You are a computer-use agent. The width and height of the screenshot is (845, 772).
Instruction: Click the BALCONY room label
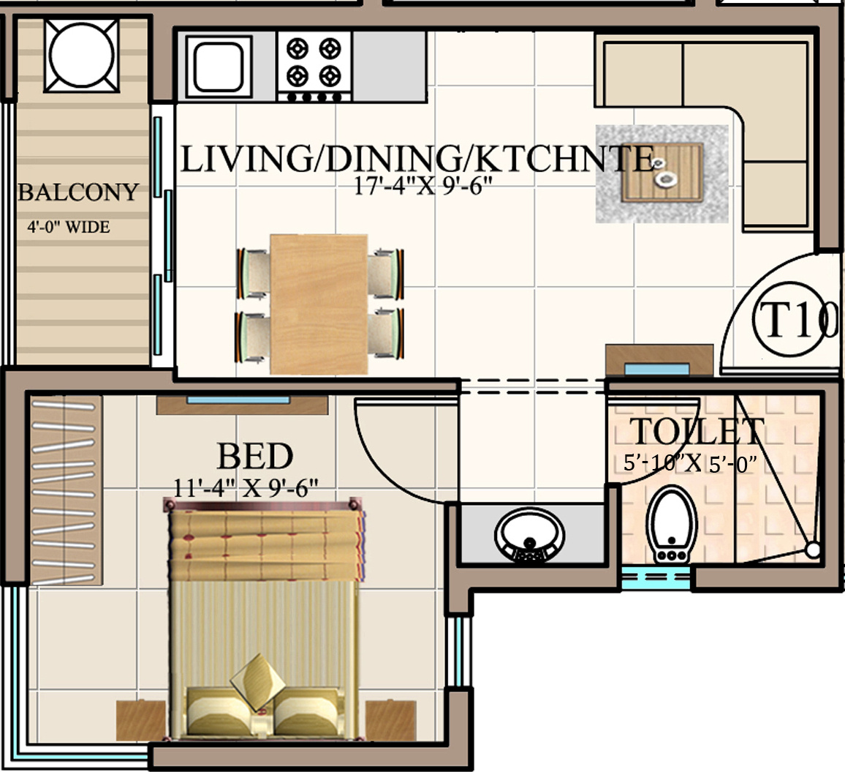click(78, 192)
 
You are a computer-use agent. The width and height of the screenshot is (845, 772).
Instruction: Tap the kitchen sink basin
click(218, 67)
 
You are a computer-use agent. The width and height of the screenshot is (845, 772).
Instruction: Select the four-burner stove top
click(314, 67)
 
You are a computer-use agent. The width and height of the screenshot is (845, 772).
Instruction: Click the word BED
click(255, 457)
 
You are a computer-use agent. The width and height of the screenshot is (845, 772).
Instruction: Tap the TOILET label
click(697, 431)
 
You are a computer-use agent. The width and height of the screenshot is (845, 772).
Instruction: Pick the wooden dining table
click(319, 304)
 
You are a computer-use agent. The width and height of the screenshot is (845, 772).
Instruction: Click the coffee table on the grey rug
click(662, 173)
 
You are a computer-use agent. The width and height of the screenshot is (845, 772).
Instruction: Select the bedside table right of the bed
click(391, 719)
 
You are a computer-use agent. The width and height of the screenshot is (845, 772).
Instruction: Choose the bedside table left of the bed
click(141, 719)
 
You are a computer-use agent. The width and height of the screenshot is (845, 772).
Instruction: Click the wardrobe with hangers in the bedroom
click(66, 490)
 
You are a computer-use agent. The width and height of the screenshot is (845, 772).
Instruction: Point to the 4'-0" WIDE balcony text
click(69, 227)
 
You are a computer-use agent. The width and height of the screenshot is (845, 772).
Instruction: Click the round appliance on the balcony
click(81, 55)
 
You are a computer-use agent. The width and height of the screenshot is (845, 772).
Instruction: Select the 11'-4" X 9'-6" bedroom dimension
click(246, 488)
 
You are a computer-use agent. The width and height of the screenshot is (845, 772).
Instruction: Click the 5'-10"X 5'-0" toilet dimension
click(690, 463)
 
